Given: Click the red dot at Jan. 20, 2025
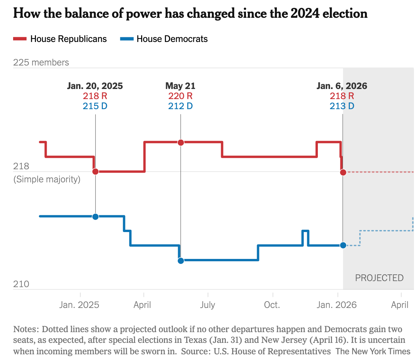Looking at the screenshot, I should click(x=95, y=172).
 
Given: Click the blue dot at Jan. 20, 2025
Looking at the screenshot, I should click(x=95, y=217).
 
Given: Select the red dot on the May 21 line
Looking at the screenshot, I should click(x=181, y=142).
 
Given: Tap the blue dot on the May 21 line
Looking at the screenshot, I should click(x=181, y=261).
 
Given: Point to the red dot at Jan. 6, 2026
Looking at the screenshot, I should click(x=343, y=172).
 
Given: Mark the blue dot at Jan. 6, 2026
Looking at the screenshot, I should click(x=343, y=245).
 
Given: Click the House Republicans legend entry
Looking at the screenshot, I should click(x=60, y=39).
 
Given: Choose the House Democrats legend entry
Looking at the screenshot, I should click(x=164, y=39).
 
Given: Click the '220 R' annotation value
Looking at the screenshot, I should click(x=180, y=96).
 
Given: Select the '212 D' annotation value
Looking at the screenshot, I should click(x=180, y=106).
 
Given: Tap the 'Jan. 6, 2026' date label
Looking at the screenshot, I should click(x=342, y=86).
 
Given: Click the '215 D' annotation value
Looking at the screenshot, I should click(x=95, y=106).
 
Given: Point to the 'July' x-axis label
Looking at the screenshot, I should click(x=208, y=305).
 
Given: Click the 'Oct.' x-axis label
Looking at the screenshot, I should click(x=272, y=305).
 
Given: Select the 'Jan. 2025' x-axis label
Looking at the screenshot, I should click(x=79, y=305).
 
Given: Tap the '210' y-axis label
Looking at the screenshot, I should click(x=21, y=284).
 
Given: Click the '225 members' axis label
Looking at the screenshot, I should click(x=41, y=62).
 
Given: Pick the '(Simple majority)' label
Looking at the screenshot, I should click(x=47, y=179).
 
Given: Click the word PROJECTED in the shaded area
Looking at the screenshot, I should click(x=379, y=278).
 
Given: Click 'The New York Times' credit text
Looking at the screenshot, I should click(x=373, y=351).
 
